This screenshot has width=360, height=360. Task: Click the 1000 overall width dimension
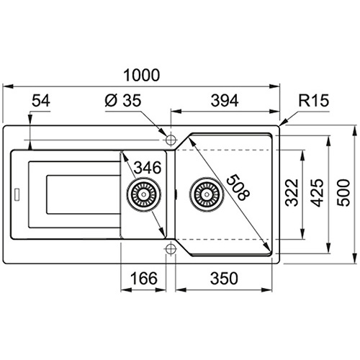point(142,75)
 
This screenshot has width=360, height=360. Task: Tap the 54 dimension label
point(41,101)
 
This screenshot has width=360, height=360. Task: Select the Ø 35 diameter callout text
point(123,100)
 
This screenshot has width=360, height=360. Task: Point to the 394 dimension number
point(225,101)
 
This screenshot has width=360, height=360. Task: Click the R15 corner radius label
point(313,100)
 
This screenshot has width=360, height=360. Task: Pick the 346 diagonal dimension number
point(148,168)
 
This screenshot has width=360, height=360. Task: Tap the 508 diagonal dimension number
point(238,187)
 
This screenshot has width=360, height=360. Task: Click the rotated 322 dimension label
point(292,192)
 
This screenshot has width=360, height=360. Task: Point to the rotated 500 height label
point(343,192)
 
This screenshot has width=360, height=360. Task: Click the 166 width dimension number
point(144,278)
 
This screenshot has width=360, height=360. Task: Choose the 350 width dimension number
point(224,278)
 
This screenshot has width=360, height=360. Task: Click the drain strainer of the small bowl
point(143,194)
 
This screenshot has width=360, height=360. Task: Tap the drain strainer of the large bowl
point(207,194)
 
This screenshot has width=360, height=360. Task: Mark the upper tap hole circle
point(171,140)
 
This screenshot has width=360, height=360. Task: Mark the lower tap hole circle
point(171,249)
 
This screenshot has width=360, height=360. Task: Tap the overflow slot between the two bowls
point(176,194)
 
